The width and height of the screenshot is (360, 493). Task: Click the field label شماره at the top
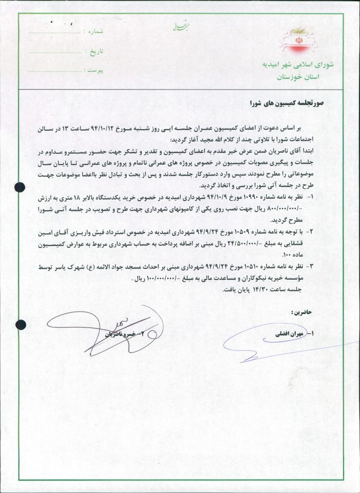click(95, 31)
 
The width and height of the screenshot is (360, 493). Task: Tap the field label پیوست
click(95, 70)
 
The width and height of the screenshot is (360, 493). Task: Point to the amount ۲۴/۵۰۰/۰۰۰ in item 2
click(252, 244)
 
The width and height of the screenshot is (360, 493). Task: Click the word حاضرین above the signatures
click(301, 312)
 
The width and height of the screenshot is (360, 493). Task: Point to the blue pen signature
click(255, 339)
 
